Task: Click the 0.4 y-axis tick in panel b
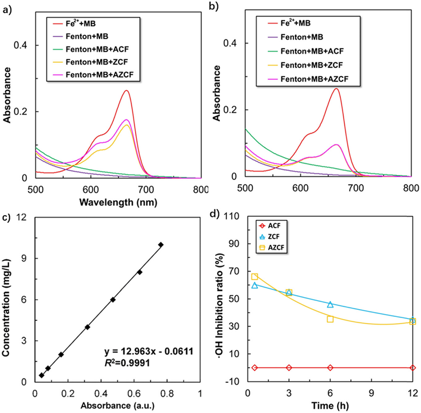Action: coord(232,43)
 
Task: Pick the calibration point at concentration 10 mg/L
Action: coord(161,244)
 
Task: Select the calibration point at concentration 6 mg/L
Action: coord(113,299)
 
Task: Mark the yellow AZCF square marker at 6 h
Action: coord(330,319)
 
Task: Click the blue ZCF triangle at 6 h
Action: coord(330,304)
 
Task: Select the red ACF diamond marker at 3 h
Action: coord(289,368)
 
